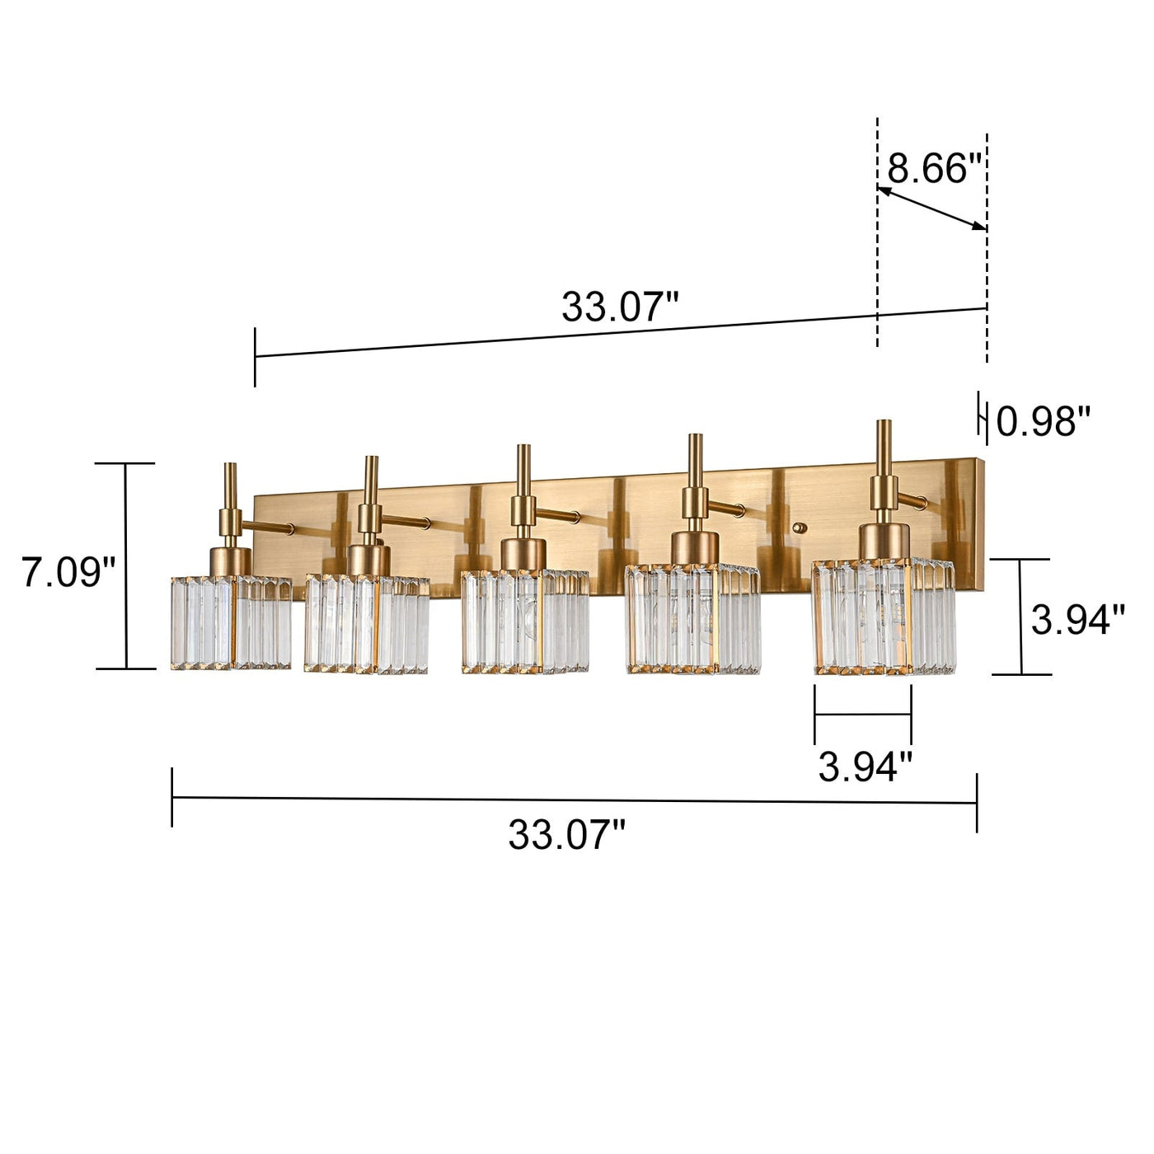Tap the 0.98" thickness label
[1043, 422]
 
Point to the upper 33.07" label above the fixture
[620, 307]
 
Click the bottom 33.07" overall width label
[566, 835]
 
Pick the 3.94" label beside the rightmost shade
[1077, 619]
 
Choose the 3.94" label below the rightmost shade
[865, 767]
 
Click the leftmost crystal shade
[231, 622]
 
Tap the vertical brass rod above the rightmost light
[884, 449]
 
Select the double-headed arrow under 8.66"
[931, 209]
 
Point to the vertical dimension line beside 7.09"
[126, 566]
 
